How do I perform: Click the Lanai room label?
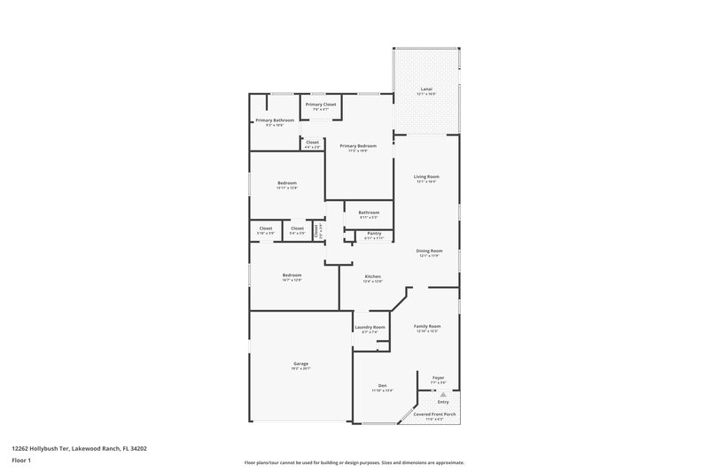(426, 89)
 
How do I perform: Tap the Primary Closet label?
(321, 104)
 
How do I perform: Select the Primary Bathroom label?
(275, 120)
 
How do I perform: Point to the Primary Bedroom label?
(358, 146)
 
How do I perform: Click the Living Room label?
(426, 177)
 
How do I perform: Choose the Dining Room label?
(430, 251)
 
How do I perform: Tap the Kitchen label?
(373, 277)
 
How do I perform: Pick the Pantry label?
(374, 233)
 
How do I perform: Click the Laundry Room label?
(370, 328)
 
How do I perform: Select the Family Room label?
(427, 327)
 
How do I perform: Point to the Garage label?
(301, 364)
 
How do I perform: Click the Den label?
(383, 385)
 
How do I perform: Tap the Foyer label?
(438, 378)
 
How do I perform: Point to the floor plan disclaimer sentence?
(354, 462)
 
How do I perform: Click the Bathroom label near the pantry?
(369, 213)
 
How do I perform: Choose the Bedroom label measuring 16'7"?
(292, 275)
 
